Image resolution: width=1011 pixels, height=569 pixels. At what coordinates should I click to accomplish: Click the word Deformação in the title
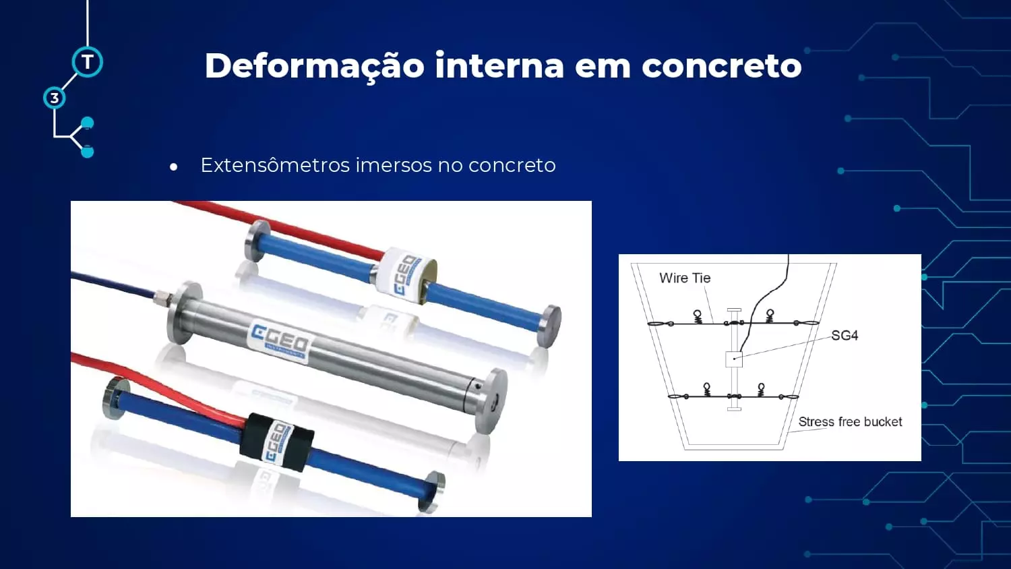[315, 66]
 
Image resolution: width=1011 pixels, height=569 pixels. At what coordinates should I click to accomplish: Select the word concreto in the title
[722, 66]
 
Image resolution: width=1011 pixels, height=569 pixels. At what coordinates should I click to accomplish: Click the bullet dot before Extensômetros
[173, 167]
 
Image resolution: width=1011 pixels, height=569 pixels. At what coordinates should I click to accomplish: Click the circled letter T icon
[87, 62]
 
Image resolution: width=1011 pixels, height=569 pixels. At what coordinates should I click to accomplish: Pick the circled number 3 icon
[55, 98]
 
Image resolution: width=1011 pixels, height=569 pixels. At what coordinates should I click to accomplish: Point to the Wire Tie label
[685, 278]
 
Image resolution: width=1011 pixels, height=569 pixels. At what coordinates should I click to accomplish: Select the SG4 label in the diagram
[845, 336]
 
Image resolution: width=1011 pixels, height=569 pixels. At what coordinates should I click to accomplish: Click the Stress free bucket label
[851, 422]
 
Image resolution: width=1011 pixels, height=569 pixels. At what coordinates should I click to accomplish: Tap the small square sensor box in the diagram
[734, 359]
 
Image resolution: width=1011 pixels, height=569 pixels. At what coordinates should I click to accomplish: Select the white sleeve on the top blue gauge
[406, 275]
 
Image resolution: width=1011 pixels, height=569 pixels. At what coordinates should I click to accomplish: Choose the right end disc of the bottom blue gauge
[433, 491]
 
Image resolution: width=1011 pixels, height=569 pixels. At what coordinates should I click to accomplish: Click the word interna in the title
[499, 66]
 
